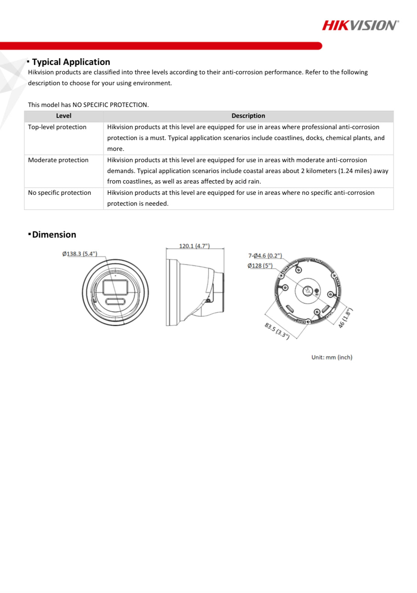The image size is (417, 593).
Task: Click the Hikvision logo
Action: click(360, 25)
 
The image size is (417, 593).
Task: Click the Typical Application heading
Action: click(71, 62)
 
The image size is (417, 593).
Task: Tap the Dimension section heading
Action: click(54, 235)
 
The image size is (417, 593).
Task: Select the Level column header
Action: click(63, 116)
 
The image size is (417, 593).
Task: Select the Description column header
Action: click(248, 116)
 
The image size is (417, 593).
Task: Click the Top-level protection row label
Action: click(57, 127)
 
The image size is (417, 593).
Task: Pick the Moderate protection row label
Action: click(58, 160)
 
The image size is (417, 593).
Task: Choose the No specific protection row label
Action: click(59, 193)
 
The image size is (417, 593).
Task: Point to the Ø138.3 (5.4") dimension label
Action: click(80, 254)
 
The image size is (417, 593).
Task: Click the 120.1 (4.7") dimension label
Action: click(194, 246)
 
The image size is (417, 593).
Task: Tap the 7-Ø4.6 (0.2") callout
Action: click(265, 256)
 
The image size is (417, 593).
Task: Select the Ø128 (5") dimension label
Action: click(260, 266)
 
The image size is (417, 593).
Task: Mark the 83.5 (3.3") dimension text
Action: click(277, 331)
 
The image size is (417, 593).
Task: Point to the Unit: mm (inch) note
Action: click(331, 357)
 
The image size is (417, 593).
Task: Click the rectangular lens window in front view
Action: click(115, 287)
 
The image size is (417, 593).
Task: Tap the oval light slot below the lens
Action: click(115, 301)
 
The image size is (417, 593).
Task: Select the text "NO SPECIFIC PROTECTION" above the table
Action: click(110, 105)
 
